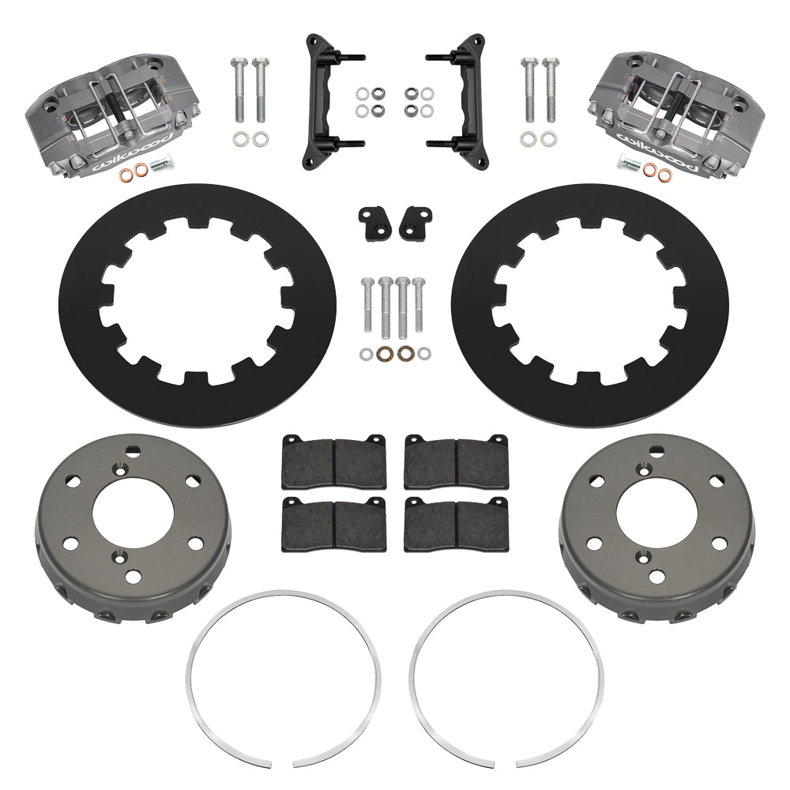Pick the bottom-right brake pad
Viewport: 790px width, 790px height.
click(457, 525)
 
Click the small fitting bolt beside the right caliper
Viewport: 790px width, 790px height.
click(629, 164)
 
